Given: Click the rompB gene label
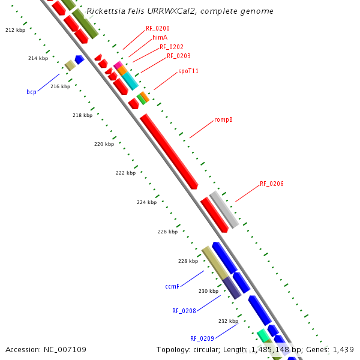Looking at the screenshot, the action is pyautogui.click(x=223, y=120).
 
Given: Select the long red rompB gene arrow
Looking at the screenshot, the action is pyautogui.click(x=169, y=151).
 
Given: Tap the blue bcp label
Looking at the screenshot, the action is pyautogui.click(x=31, y=92).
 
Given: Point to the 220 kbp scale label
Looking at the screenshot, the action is pyautogui.click(x=104, y=144).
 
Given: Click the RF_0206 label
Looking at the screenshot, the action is pyautogui.click(x=271, y=184).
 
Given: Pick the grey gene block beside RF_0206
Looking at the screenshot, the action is pyautogui.click(x=224, y=209).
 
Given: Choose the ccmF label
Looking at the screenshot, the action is pyautogui.click(x=172, y=287).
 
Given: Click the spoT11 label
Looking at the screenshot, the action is pyautogui.click(x=188, y=71).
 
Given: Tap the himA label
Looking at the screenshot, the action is pyautogui.click(x=160, y=37).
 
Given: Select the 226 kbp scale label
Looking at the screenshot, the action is pyautogui.click(x=167, y=232).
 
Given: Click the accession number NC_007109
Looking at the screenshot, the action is pyautogui.click(x=64, y=349).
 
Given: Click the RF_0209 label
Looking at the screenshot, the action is pyautogui.click(x=202, y=338).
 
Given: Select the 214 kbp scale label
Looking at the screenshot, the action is pyautogui.click(x=38, y=58).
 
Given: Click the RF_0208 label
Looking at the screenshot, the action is pyautogui.click(x=184, y=311).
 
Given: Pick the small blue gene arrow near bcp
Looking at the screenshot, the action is pyautogui.click(x=79, y=59).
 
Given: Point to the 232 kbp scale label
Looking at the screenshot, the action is pyautogui.click(x=229, y=321).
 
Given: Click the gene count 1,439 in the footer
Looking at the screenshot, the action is pyautogui.click(x=343, y=349).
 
